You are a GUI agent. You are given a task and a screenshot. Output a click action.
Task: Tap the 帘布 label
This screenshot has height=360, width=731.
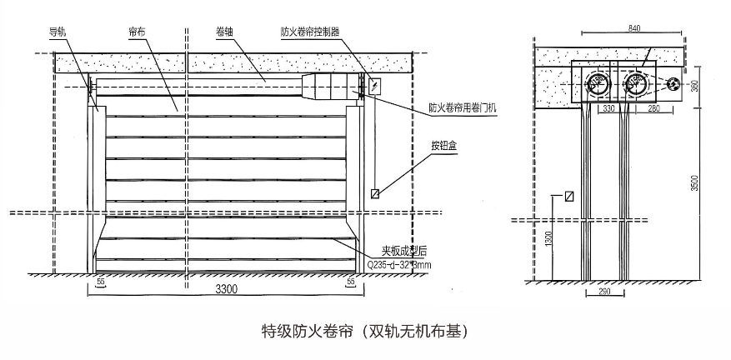138,32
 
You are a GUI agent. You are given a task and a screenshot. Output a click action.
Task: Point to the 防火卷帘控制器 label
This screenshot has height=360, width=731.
310,32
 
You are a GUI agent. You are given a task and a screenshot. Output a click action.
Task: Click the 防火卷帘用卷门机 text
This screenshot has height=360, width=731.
463,107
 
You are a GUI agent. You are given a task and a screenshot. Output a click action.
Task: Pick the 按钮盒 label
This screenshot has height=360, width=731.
446,145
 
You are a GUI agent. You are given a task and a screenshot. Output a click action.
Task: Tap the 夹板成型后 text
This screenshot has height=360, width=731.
403,249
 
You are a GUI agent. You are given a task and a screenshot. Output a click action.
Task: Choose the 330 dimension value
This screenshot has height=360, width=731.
608,108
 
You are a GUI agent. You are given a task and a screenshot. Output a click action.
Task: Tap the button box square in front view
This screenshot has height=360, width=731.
376,194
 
